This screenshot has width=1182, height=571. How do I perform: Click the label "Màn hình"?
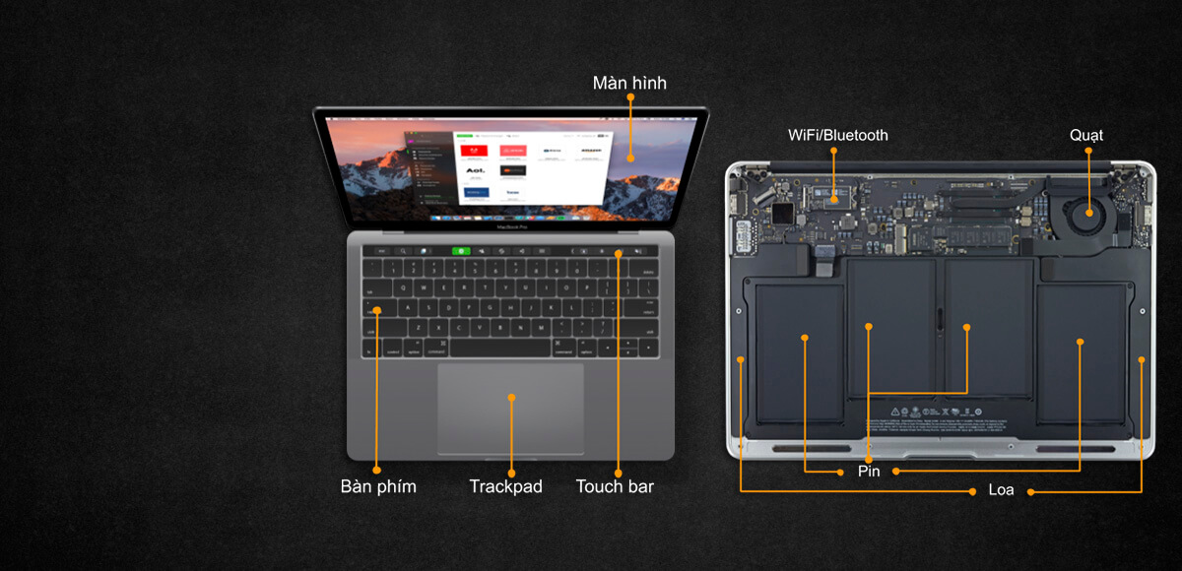coord(629,83)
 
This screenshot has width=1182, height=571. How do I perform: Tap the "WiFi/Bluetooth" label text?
coord(837,135)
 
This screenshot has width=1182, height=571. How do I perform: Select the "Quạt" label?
coord(1086,135)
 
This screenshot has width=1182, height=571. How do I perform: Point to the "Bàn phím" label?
coord(378,486)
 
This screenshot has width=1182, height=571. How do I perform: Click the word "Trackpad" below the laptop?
coord(505,486)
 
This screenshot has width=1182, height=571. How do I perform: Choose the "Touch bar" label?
coord(615,486)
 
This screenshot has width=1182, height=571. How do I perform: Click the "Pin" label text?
coord(868,472)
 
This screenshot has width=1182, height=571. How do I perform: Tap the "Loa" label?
coord(1001,489)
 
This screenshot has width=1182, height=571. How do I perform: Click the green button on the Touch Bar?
coord(460,251)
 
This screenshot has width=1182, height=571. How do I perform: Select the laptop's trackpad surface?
coord(510,409)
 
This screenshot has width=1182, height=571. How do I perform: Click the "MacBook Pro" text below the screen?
coord(510,226)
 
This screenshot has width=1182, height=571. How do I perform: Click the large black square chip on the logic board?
coord(782,214)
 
